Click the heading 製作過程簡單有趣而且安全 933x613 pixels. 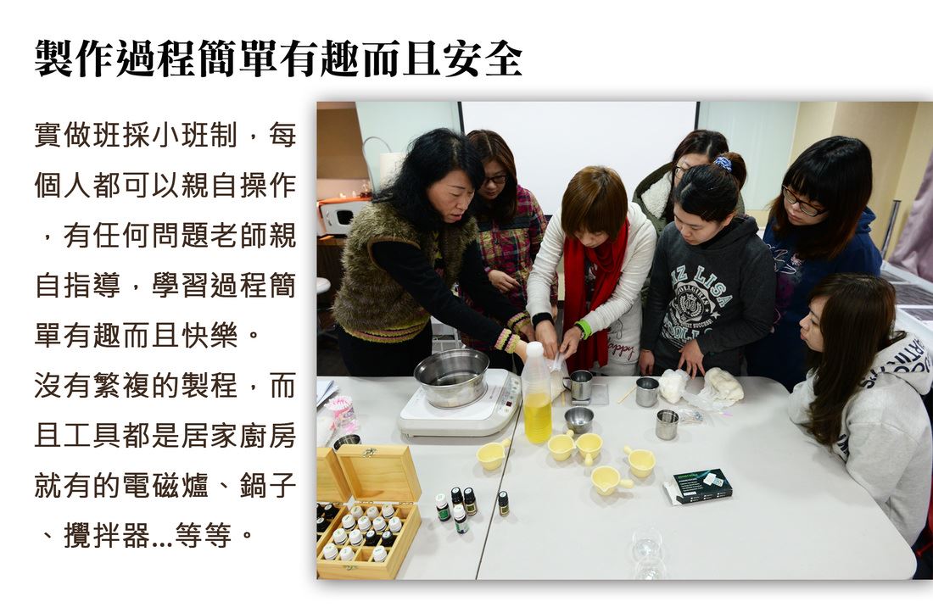point(278,59)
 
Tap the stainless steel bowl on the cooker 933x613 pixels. point(451,377)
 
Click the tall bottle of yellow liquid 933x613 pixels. point(537,393)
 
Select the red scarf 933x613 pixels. point(595,292)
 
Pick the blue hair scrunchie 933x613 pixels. point(723,163)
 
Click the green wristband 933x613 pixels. point(584,328)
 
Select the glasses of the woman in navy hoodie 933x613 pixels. point(802,202)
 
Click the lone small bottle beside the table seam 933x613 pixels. point(503,503)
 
